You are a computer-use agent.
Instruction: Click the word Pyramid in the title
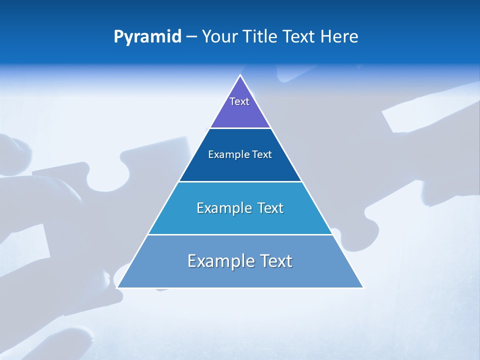(x=147, y=37)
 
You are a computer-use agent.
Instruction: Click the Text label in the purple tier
(x=239, y=101)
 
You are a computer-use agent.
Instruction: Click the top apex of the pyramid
(x=240, y=75)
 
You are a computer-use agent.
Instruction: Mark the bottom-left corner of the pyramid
(x=117, y=287)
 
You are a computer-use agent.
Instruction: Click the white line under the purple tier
(x=240, y=128)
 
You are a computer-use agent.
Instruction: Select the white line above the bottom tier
(x=240, y=234)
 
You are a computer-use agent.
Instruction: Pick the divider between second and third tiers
(x=240, y=181)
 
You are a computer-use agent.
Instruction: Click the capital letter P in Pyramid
(x=118, y=37)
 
